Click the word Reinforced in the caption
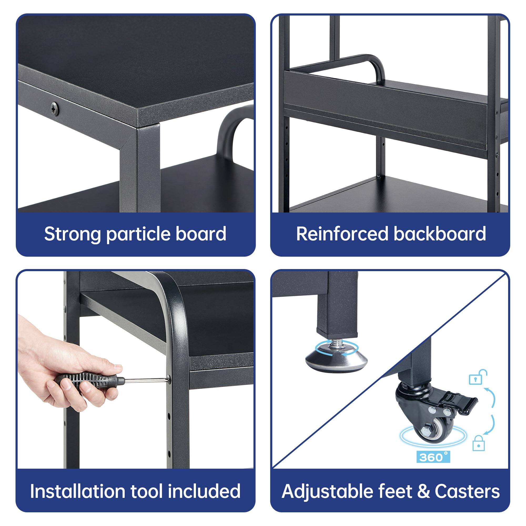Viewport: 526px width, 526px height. pyautogui.click(x=342, y=234)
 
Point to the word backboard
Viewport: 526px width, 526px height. pyautogui.click(x=439, y=234)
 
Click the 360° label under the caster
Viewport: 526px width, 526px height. pyautogui.click(x=433, y=457)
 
